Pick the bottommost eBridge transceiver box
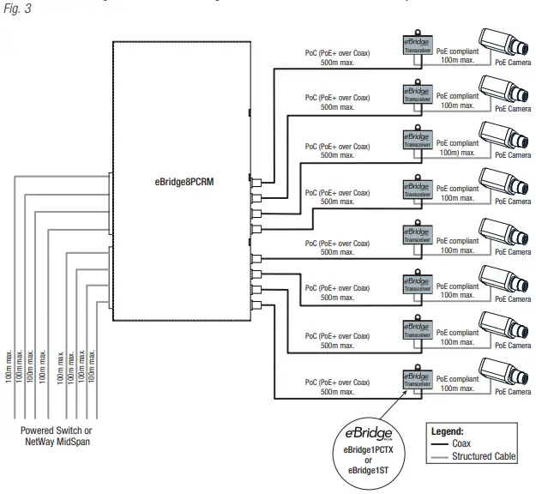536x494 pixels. coord(417,378)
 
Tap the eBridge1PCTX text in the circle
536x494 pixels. coord(368,451)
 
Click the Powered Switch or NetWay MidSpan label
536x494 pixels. coord(58,436)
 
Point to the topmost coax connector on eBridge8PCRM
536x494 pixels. coord(255,181)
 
